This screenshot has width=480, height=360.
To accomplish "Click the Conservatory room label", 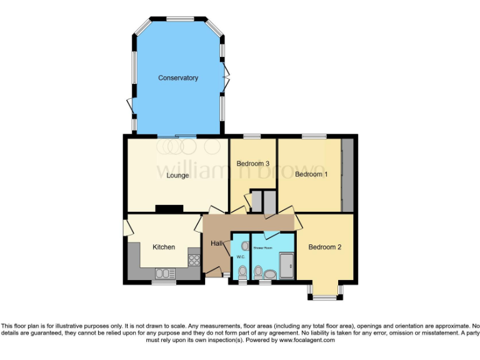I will (x=178, y=78).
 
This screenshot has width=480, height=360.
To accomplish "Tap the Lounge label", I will (x=177, y=176).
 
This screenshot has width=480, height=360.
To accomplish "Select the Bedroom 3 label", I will (x=253, y=164).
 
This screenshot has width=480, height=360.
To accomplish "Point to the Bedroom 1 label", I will (x=311, y=174).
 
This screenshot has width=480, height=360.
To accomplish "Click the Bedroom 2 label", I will (x=325, y=247).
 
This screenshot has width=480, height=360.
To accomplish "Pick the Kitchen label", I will (x=164, y=247).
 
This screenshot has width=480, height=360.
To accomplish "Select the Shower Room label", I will (x=263, y=248).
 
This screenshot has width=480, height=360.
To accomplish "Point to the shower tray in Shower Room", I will (x=288, y=266).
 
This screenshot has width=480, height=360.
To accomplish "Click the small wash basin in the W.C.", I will (x=244, y=246).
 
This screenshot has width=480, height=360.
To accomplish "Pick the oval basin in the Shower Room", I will (x=270, y=274).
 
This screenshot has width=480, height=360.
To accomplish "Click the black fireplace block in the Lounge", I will (x=169, y=209).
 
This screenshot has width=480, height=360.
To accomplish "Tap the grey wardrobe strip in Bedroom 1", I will (x=347, y=176).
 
